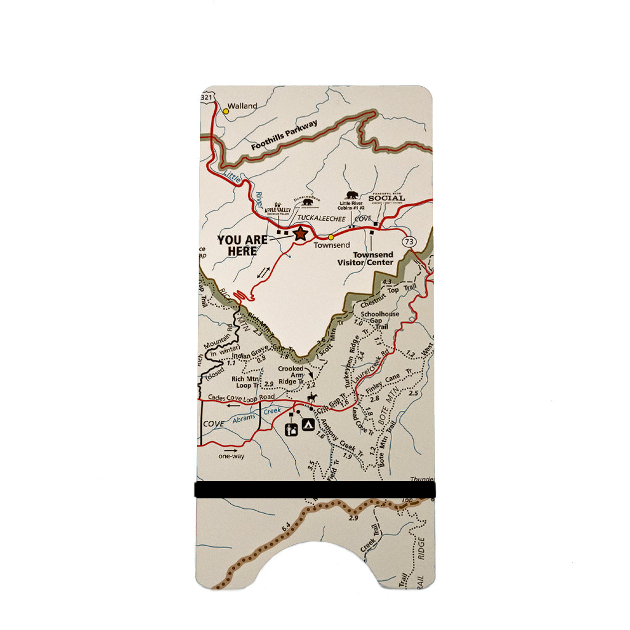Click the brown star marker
[300, 233]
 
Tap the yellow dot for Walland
[226, 111]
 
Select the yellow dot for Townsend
[331, 237]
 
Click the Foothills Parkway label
[285, 135]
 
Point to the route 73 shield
[409, 242]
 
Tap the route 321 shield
[207, 97]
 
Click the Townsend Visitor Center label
[365, 258]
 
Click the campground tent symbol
[308, 425]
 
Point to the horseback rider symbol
[313, 397]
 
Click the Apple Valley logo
[277, 209]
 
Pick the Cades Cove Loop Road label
[241, 397]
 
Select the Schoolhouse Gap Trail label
[380, 320]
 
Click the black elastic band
[315, 489]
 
